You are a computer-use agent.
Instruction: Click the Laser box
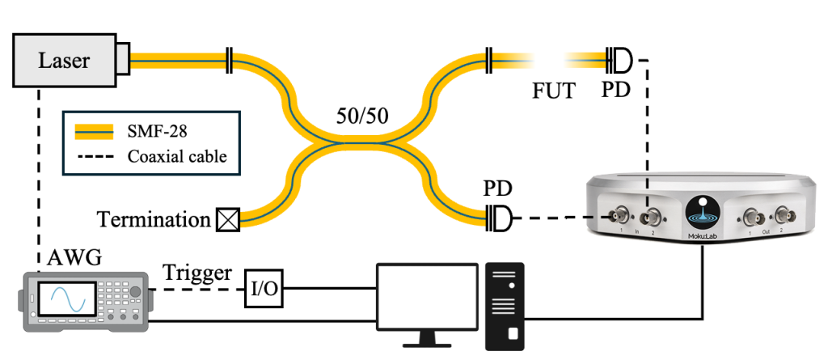click(x=65, y=60)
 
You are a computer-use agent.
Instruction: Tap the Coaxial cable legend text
click(x=177, y=156)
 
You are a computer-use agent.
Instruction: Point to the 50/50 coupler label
click(x=362, y=116)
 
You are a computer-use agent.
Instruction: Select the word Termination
click(x=154, y=218)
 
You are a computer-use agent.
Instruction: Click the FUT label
click(x=554, y=91)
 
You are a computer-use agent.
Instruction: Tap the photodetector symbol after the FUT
click(x=621, y=59)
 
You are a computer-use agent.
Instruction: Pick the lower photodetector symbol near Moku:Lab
click(x=500, y=218)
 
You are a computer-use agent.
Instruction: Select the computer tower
click(x=504, y=305)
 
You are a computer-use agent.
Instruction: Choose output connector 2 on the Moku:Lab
click(x=780, y=216)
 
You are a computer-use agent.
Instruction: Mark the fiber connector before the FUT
click(x=488, y=59)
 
